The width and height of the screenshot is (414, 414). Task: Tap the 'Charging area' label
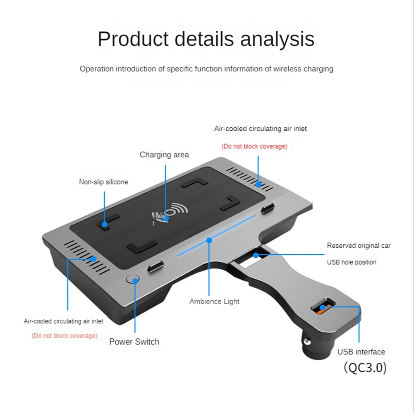tap(164, 155)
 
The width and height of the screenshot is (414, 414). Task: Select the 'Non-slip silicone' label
tap(103, 182)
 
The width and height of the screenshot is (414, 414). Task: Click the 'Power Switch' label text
tap(134, 342)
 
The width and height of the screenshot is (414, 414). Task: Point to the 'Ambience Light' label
tap(214, 302)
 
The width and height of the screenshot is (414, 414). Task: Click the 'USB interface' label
tap(361, 352)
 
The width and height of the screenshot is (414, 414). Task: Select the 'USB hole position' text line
tap(352, 262)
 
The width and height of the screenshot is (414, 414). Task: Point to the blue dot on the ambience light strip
tap(209, 240)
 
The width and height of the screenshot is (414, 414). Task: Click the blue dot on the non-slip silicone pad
tap(105, 224)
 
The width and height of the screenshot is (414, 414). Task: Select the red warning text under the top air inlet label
tap(254, 146)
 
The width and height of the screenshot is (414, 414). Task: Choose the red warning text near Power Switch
tap(65, 336)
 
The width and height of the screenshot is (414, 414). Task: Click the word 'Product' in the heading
tap(133, 39)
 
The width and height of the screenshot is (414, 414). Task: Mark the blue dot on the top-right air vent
tap(258, 184)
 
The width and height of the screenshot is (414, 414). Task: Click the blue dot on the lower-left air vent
tap(93, 259)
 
